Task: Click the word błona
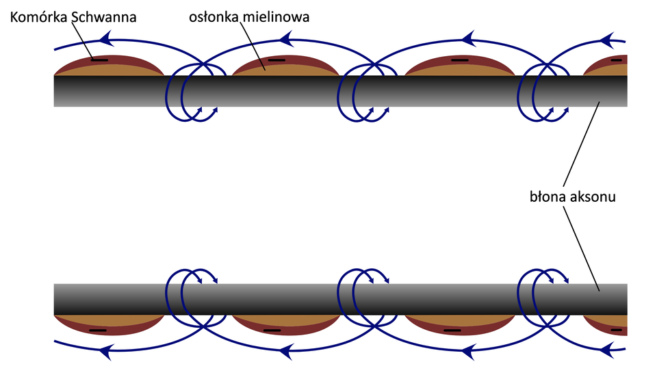click(x=546, y=198)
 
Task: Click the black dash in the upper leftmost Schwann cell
click(x=100, y=60)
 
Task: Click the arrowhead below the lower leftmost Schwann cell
click(x=105, y=352)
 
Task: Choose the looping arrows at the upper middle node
click(x=363, y=92)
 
